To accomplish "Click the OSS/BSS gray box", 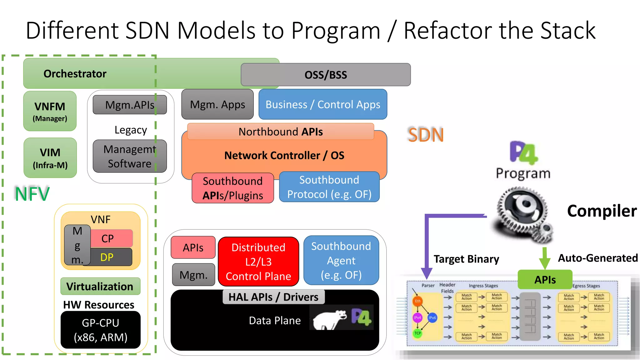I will point(326,75).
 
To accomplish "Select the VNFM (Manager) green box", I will point(50,111).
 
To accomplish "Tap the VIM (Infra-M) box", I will point(50,158).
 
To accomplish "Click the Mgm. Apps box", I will point(217,104).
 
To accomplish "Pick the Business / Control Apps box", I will point(323,104).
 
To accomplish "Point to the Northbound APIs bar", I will point(280,132).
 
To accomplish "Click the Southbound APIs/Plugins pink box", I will point(233,188).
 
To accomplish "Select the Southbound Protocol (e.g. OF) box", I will point(329,187).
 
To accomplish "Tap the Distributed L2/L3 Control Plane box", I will point(258,262).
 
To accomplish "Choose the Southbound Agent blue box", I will point(341,260).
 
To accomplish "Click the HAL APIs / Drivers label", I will point(273,297).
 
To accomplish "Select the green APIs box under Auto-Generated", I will point(545,279).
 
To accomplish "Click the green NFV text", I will point(32,194).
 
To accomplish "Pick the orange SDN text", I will point(426,135).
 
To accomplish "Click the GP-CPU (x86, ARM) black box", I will point(100,330).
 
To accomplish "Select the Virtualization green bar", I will point(100,286).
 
